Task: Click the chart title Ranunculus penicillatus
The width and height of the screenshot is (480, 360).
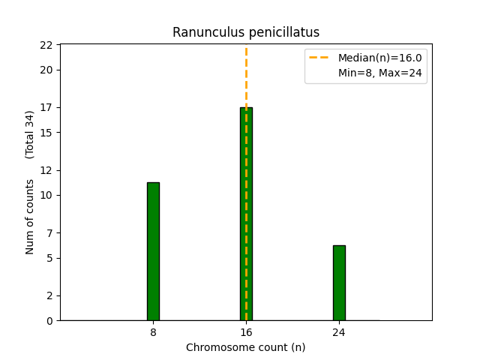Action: point(246,32)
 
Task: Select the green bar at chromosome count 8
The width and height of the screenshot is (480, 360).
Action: point(153,251)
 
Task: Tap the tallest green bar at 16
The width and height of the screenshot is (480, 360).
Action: point(246,214)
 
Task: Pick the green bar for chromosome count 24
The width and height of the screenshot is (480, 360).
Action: point(339,283)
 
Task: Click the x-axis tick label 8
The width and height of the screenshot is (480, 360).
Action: point(153,332)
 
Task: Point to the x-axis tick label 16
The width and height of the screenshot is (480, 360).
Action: point(246,332)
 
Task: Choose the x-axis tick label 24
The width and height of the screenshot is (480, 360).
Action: point(339,332)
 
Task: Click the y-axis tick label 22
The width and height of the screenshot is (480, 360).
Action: point(46,45)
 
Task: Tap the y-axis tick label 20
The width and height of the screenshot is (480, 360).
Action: point(46,70)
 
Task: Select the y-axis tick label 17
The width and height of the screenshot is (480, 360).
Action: point(46,107)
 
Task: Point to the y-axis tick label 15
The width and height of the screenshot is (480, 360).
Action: point(46,133)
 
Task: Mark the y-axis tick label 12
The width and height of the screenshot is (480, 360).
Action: point(46,170)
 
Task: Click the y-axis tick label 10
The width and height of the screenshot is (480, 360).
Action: point(46,195)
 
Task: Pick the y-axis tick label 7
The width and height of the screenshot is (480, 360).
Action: point(49,232)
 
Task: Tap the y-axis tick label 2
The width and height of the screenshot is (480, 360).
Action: point(49,295)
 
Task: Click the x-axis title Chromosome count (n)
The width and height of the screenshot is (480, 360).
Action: point(246,347)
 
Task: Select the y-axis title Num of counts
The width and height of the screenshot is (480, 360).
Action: point(30,217)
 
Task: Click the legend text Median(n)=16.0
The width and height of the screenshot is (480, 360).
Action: point(379,58)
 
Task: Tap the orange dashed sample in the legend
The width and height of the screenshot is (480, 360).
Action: point(320,58)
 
